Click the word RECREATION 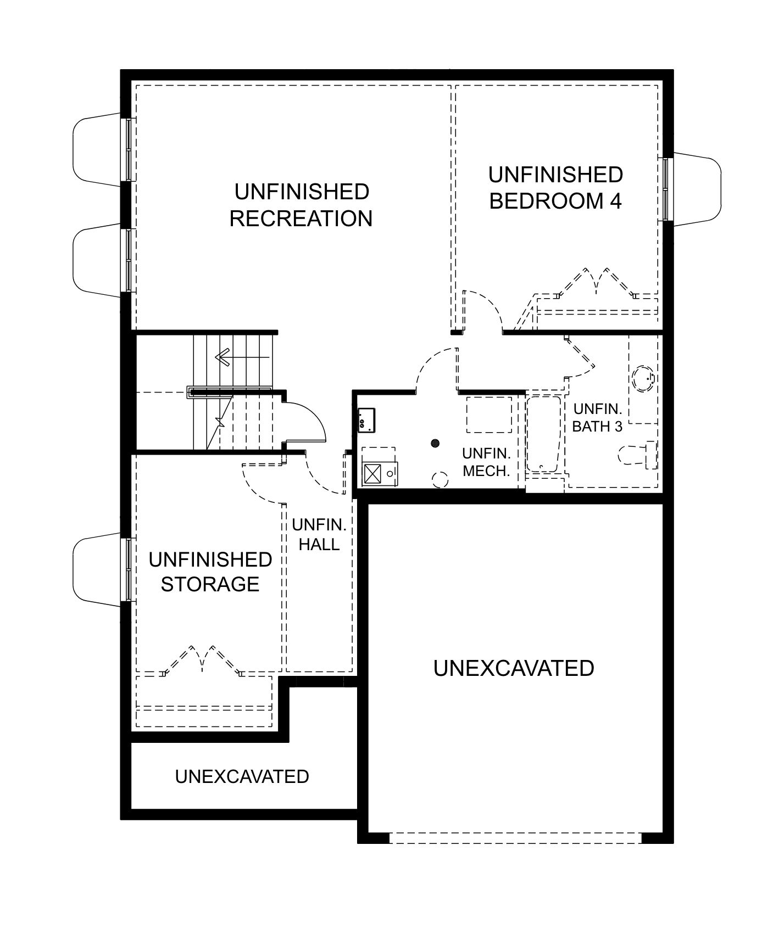tap(301, 219)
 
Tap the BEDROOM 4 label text tap(555, 201)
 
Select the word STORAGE tap(210, 584)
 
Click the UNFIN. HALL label tap(319, 534)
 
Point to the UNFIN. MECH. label tap(487, 462)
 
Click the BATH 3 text tap(597, 426)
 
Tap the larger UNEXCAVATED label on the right tap(514, 668)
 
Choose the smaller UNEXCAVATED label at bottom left tap(242, 776)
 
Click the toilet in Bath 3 tap(638, 455)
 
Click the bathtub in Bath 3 tap(543, 434)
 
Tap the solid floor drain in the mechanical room tap(436, 442)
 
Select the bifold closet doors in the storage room tap(203, 659)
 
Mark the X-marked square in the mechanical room tap(372, 473)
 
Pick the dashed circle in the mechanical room tap(441, 480)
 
